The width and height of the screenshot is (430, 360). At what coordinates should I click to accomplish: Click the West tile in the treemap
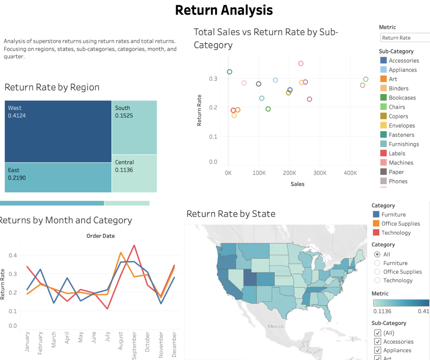pos(58,131)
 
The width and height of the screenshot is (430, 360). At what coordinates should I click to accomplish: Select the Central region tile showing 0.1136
pos(134,173)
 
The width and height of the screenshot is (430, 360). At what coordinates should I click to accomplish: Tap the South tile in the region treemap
pos(134,127)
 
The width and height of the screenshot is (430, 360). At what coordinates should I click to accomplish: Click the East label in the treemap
pos(14,170)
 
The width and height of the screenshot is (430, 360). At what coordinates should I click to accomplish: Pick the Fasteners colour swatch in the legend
pos(383,135)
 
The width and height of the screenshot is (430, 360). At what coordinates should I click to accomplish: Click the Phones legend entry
pos(398,181)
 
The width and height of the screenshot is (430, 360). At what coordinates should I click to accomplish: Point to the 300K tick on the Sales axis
pos(320,173)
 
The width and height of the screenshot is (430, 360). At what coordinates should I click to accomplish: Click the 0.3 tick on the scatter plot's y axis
pos(213,79)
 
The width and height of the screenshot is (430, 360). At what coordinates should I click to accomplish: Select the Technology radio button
pos(377,280)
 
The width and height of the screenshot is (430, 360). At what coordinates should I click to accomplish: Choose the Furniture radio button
pos(377,263)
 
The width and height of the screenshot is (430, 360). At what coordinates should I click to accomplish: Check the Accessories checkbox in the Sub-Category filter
pos(377,342)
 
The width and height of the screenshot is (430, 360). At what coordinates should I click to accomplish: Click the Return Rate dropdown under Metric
pos(405,38)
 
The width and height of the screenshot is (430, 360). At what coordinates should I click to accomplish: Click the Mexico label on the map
pos(275,326)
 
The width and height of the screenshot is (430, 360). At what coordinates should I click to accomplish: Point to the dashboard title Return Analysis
pos(224,10)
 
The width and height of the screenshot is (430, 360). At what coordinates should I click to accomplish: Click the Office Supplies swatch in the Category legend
pos(376,223)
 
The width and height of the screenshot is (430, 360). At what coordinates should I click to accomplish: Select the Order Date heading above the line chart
pos(101,236)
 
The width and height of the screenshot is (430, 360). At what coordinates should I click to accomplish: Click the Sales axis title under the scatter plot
pos(297,184)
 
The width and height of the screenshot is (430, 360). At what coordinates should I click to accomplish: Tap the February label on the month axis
pos(40,343)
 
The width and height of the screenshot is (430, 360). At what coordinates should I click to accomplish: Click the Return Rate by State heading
pos(231,214)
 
